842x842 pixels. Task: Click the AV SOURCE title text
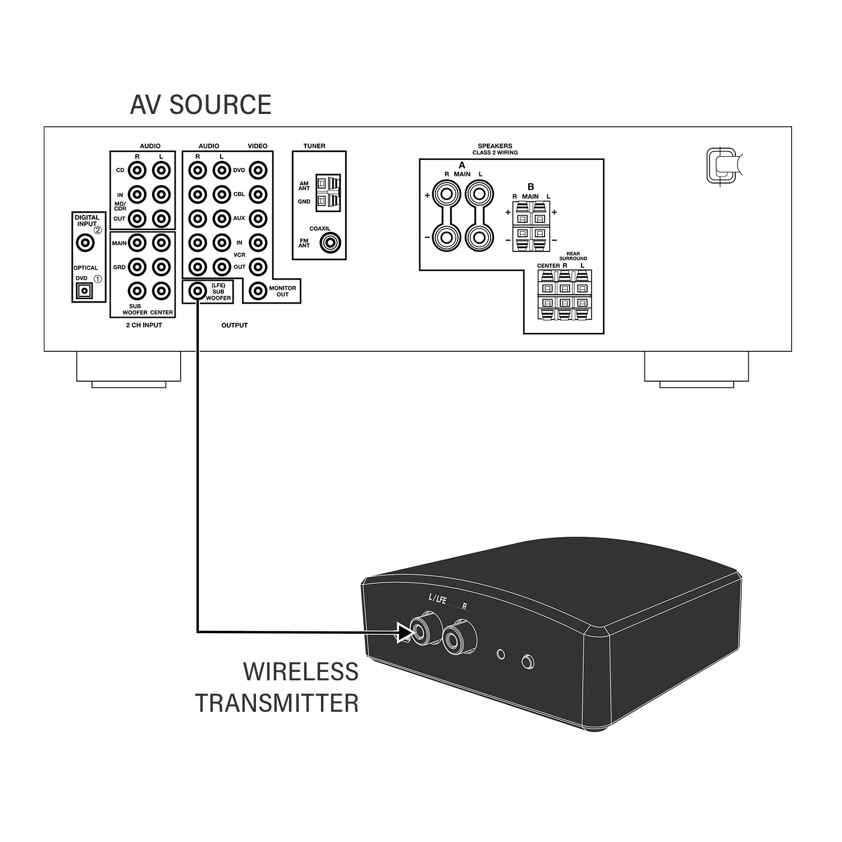[200, 105]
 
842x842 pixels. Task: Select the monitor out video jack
[258, 291]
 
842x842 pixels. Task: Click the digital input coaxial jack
[85, 243]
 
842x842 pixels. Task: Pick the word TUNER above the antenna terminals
[314, 146]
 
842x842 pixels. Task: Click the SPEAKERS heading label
[495, 146]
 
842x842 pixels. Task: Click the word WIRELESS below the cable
[301, 671]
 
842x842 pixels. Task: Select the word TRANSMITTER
[277, 703]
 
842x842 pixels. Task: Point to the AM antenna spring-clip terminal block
[328, 192]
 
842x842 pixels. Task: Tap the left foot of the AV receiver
[129, 368]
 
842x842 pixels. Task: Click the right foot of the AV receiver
[696, 368]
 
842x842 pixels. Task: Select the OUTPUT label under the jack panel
[234, 326]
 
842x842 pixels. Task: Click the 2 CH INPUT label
[144, 326]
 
